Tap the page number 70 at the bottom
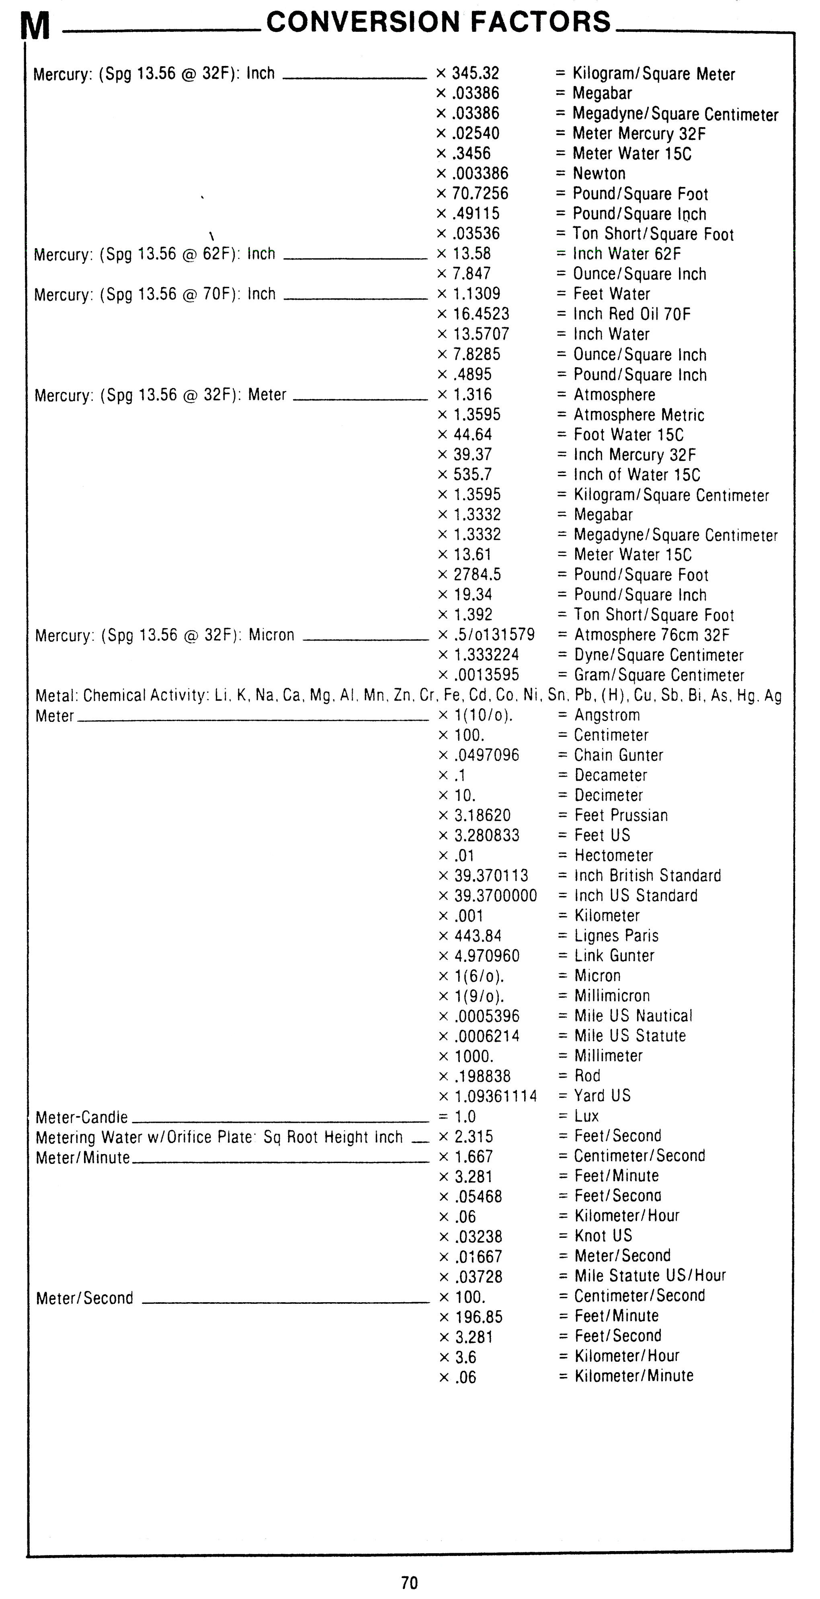(x=409, y=1582)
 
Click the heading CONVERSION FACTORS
(x=439, y=23)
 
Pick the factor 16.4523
(x=481, y=314)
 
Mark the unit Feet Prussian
(x=621, y=815)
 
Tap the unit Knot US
(x=603, y=1236)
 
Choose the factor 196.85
(x=479, y=1317)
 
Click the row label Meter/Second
(x=84, y=1298)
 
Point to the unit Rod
(x=587, y=1076)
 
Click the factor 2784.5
(x=477, y=575)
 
